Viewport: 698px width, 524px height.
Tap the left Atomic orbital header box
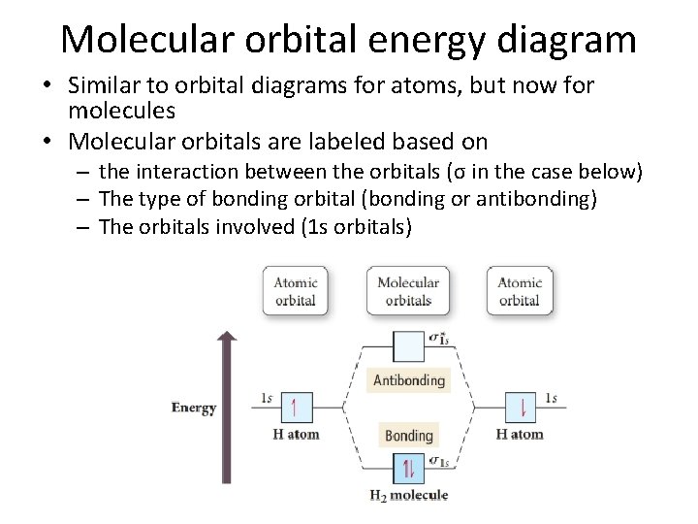(x=295, y=290)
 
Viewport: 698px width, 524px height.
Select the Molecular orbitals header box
(x=407, y=290)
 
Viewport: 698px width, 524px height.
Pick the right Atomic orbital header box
(x=519, y=290)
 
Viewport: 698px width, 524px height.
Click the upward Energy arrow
(x=226, y=408)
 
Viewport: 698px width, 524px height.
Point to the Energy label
(x=194, y=408)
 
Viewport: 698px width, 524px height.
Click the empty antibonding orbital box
(x=408, y=346)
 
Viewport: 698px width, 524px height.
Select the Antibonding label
(x=408, y=380)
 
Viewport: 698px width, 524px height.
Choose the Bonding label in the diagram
(x=408, y=436)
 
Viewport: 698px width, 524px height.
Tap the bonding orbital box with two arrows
(x=408, y=470)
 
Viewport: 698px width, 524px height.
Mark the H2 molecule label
(x=408, y=496)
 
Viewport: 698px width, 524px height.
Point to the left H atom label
(x=296, y=434)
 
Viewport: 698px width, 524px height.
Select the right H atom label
(x=520, y=434)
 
